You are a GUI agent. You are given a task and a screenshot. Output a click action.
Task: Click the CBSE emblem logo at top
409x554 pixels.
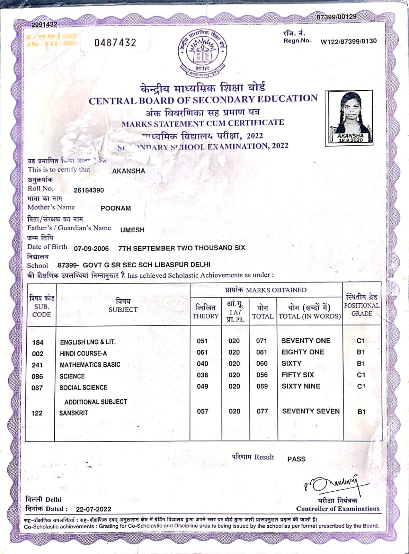[203, 53]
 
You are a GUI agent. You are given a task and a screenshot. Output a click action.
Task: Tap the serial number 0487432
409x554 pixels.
[115, 43]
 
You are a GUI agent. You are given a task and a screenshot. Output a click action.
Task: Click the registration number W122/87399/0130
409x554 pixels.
[348, 41]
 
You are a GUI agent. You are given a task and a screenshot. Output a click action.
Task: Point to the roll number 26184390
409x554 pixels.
[89, 190]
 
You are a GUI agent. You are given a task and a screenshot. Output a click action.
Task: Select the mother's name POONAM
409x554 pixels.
[116, 208]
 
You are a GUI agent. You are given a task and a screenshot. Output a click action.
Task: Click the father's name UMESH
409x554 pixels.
[132, 230]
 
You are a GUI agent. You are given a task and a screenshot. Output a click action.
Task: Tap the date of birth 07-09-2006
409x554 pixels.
[91, 249]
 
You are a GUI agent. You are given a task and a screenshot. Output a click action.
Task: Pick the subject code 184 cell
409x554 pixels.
[38, 342]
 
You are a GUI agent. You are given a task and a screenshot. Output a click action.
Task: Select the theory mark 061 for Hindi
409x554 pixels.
[202, 352]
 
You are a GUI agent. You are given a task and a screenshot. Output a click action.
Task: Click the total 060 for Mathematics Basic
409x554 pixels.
[262, 364]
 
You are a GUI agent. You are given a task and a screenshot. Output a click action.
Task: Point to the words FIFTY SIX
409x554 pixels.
[298, 375]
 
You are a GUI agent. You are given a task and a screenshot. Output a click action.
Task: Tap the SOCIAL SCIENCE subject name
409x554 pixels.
[83, 387]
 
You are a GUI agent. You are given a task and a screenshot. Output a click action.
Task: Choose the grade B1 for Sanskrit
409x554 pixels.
[362, 412]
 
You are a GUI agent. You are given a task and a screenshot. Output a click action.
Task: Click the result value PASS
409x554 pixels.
[296, 459]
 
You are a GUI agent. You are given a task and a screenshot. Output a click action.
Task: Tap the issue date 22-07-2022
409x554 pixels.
[94, 509]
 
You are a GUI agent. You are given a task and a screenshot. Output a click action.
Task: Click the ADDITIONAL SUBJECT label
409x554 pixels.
[96, 402]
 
